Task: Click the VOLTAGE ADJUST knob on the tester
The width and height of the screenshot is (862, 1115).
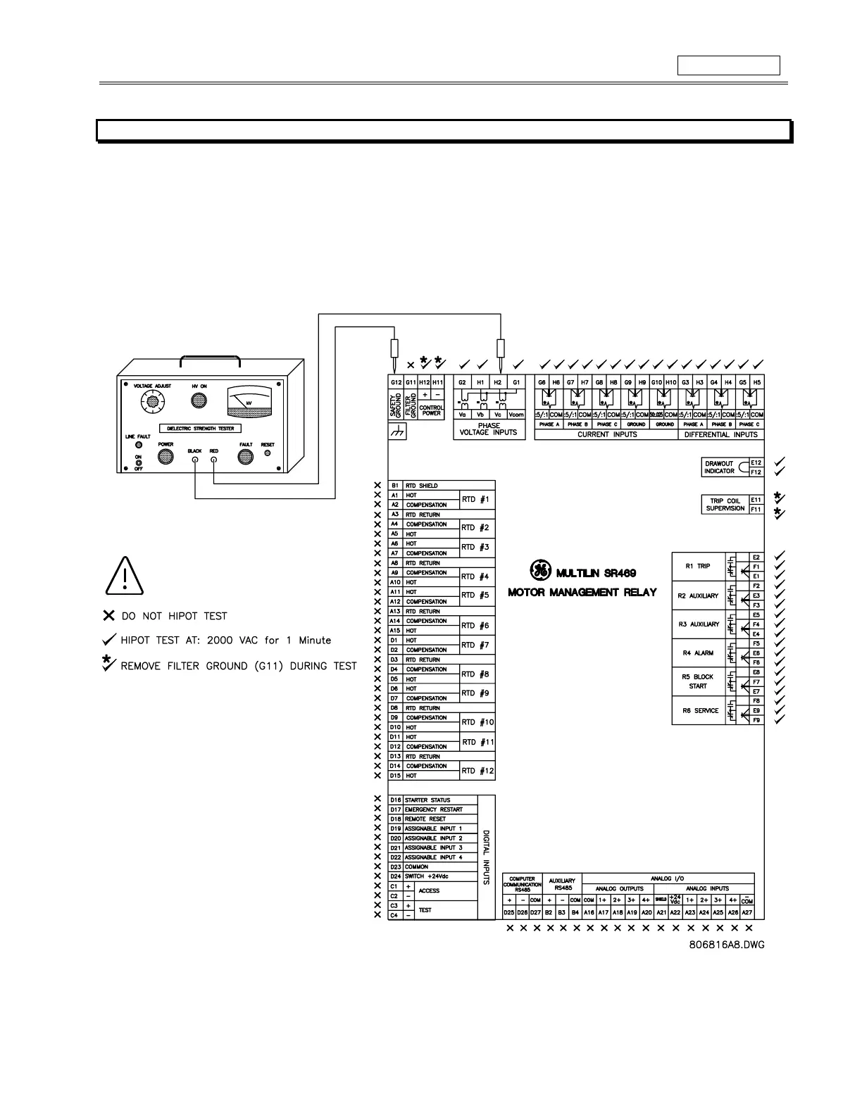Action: tap(150, 402)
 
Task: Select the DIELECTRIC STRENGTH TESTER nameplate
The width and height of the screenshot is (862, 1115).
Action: tap(200, 428)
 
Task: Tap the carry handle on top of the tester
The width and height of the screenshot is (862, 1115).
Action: tap(210, 361)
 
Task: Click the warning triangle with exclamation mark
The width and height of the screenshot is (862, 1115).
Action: tap(124, 576)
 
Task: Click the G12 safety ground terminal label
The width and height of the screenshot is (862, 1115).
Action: tap(396, 382)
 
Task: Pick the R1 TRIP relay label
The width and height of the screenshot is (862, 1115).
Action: tap(697, 566)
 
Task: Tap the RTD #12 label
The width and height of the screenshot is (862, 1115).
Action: tap(477, 771)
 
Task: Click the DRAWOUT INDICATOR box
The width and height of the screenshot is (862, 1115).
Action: tap(719, 467)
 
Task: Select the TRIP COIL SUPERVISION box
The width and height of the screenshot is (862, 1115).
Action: tap(725, 505)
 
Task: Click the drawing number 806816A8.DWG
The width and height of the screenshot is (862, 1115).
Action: tap(727, 945)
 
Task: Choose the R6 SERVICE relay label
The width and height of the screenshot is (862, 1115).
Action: tap(700, 711)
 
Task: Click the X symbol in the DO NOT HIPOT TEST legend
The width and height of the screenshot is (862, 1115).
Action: tap(108, 616)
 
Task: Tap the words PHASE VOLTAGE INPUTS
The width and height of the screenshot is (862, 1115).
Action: tap(488, 429)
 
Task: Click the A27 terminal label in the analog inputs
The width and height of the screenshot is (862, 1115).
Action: tap(747, 912)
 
